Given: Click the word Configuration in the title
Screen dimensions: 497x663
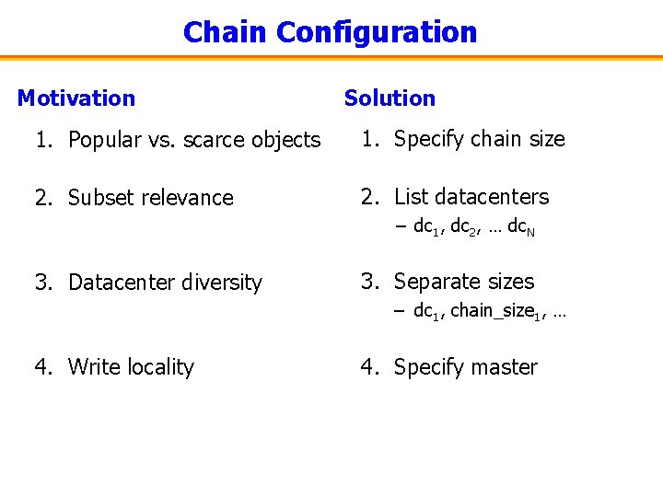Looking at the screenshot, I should (x=377, y=32).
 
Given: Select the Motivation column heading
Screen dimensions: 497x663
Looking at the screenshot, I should (x=76, y=98).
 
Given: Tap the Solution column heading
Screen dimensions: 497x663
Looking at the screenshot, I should (x=390, y=98).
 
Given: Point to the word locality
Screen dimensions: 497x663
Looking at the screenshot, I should (x=160, y=367).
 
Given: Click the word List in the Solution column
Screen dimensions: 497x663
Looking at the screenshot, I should (x=409, y=197).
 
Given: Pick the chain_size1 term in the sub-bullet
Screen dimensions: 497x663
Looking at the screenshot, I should (x=497, y=312).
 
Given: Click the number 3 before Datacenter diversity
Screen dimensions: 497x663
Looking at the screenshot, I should (x=41, y=283).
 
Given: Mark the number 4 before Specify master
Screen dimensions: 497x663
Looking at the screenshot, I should (x=366, y=367).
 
